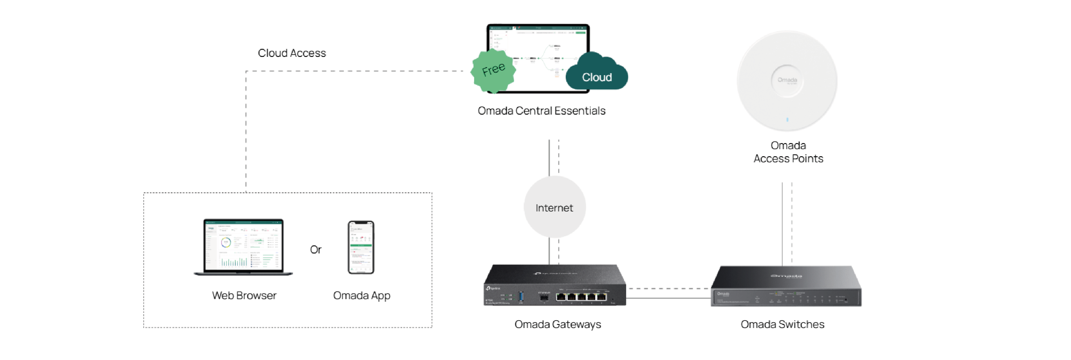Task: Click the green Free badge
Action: [x=493, y=70]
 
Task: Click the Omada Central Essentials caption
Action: [x=541, y=111]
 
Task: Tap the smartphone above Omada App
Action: [x=361, y=247]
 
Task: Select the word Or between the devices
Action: [x=316, y=249]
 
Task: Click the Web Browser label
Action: [x=244, y=295]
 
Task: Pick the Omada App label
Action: [x=361, y=295]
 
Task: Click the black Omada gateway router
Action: [x=554, y=286]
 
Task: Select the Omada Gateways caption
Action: [x=557, y=324]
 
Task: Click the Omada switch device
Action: [x=786, y=287]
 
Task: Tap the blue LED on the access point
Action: [x=787, y=120]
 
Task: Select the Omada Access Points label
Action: [x=788, y=152]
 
